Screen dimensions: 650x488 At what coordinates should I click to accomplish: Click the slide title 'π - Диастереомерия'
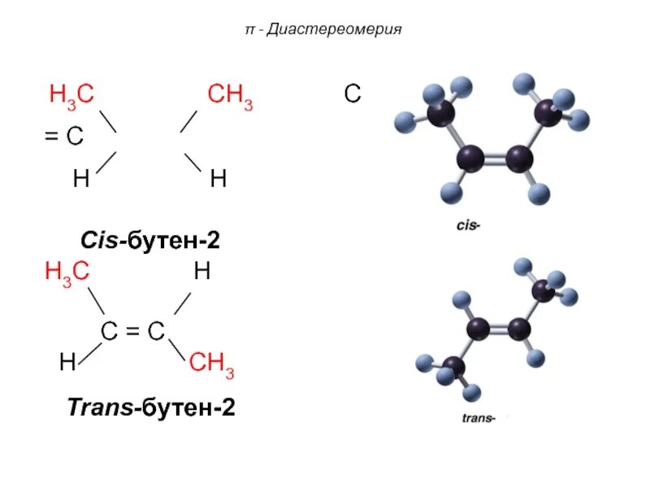point(324,31)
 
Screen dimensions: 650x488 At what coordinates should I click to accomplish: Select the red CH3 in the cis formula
point(230,96)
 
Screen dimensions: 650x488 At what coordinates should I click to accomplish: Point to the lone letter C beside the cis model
point(352,95)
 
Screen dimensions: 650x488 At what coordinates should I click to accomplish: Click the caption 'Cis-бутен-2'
point(150,241)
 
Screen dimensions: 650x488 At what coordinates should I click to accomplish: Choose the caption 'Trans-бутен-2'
point(150,407)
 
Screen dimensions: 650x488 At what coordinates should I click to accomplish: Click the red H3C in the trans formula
point(67,274)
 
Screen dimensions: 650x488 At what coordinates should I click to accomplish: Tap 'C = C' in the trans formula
point(132,331)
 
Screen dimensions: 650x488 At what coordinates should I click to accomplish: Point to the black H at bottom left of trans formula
point(67,364)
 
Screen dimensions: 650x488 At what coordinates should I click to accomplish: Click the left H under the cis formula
point(81,179)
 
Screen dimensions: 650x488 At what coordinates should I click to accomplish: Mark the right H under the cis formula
point(218,179)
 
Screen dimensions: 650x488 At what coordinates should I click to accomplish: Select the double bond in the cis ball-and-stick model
point(494,157)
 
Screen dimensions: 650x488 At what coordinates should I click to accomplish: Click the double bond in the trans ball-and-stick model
point(497,329)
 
